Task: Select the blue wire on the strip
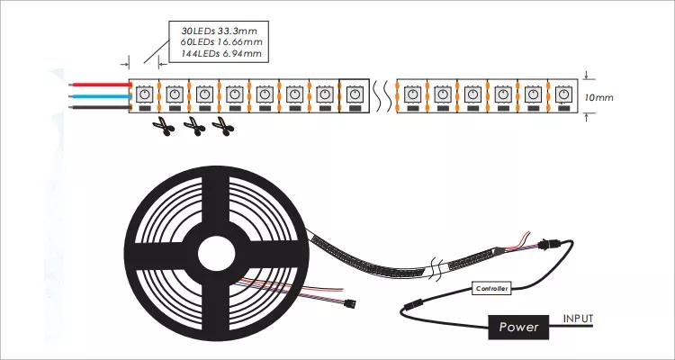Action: coord(99,93)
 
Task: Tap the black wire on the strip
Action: coord(99,106)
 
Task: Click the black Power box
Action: coord(520,327)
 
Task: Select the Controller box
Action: coord(492,288)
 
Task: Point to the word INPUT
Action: coord(578,318)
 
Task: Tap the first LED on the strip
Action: coord(145,93)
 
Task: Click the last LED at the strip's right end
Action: coord(563,93)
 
